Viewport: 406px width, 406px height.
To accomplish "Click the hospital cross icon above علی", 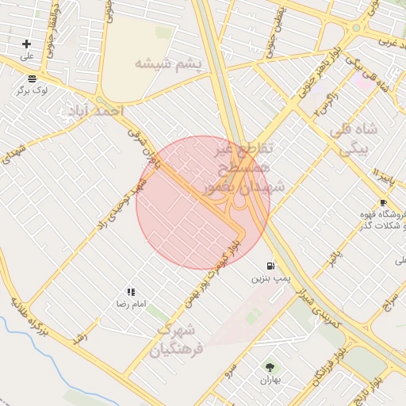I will tap(27, 44).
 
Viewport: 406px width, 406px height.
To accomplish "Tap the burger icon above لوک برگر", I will tap(32, 78).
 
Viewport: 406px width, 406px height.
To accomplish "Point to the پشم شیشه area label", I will tap(168, 64).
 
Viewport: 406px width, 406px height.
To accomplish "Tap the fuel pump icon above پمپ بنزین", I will tap(272, 266).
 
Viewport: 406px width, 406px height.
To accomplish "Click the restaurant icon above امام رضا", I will tap(131, 292).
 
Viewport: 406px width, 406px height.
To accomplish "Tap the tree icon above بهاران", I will tap(271, 367).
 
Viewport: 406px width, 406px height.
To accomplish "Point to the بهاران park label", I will tap(271, 381).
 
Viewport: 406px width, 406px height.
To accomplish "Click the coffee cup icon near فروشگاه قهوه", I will tap(383, 204).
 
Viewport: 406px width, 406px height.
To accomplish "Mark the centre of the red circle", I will tap(203, 202).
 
